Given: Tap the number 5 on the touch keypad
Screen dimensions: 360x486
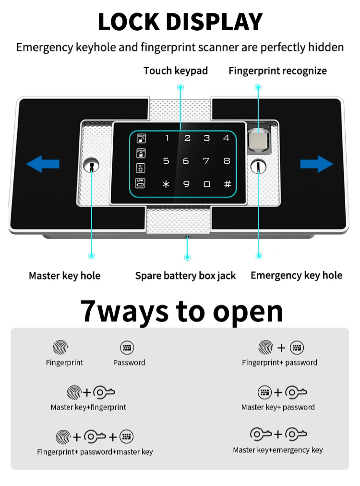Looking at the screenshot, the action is (x=166, y=161).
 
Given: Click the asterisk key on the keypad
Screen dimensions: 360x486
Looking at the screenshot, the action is (x=166, y=184).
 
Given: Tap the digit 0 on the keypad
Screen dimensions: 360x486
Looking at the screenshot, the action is (x=206, y=184).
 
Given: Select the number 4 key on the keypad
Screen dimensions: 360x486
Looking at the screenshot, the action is (x=227, y=138).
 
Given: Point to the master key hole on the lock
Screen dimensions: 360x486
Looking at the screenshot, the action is (x=91, y=167).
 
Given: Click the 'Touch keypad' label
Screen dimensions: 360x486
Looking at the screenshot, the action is (x=176, y=71).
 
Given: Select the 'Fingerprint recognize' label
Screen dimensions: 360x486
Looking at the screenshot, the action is (x=277, y=71).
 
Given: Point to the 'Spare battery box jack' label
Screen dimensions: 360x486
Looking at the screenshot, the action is (x=185, y=276).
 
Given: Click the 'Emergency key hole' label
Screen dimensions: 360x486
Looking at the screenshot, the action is (x=296, y=275).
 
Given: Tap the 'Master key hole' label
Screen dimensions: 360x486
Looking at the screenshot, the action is (x=64, y=276).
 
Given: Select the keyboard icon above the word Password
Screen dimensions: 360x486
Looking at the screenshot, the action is (x=127, y=348).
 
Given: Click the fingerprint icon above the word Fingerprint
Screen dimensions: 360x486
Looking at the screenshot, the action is (x=60, y=348).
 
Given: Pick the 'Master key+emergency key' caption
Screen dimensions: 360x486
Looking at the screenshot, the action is (x=277, y=450).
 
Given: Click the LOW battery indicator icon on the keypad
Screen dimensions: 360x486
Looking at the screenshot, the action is (x=140, y=183).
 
